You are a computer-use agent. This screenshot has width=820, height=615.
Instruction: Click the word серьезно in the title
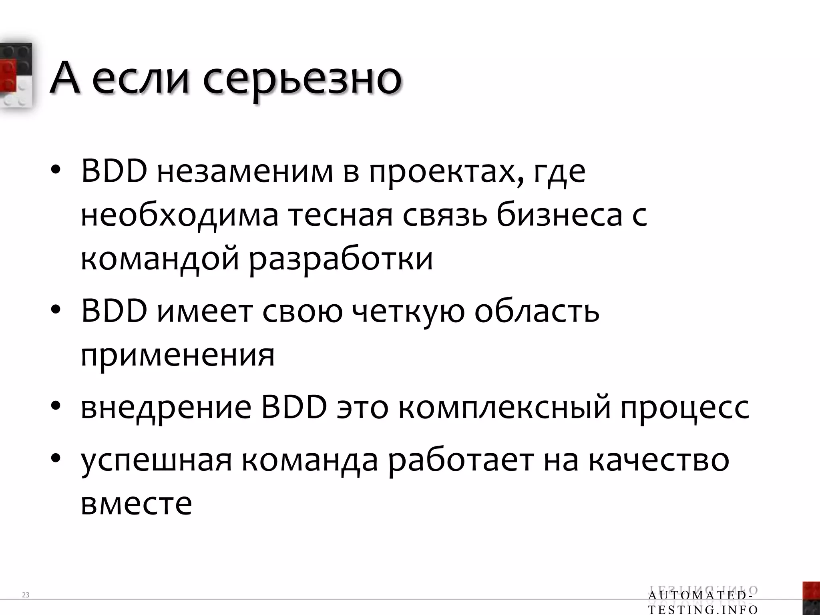pyautogui.click(x=302, y=79)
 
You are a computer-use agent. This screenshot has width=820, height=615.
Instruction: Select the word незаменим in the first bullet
pyautogui.click(x=245, y=172)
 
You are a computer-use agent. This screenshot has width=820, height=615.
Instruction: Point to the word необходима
pyautogui.click(x=179, y=216)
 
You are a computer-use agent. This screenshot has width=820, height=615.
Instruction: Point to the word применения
pyautogui.click(x=178, y=356)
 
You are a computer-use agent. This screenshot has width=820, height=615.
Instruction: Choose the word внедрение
pyautogui.click(x=166, y=409)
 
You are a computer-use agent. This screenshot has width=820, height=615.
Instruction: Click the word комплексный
pyautogui.click(x=504, y=408)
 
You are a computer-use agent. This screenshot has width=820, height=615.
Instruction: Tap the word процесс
pyautogui.click(x=685, y=409)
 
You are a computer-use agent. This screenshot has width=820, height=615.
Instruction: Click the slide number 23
pyautogui.click(x=26, y=595)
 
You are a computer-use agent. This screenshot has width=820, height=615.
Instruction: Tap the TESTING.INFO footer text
pyautogui.click(x=703, y=610)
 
